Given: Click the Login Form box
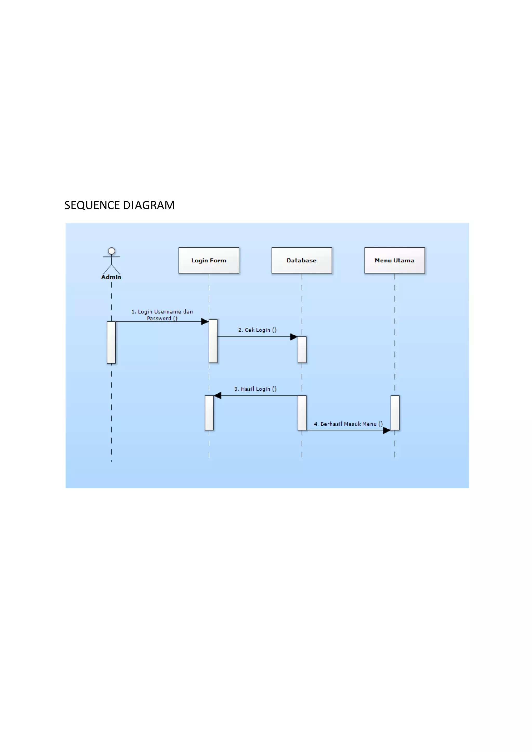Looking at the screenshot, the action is (x=209, y=260).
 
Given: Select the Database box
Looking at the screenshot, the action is (x=301, y=260).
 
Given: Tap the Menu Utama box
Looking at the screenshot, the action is (x=394, y=260).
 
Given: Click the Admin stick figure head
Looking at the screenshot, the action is (x=111, y=251).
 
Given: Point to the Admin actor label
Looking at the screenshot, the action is (x=111, y=277).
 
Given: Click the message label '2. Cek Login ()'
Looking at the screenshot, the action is (x=257, y=330).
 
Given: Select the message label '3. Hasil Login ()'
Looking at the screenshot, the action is (x=255, y=389).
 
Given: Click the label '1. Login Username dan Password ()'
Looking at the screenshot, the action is (x=162, y=315).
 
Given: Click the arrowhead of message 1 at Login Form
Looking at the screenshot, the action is (x=205, y=322).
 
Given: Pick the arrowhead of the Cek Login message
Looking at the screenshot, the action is (x=294, y=337).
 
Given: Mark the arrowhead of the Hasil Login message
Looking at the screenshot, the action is (x=217, y=396).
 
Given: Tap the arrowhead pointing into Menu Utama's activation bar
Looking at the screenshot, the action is (x=387, y=430).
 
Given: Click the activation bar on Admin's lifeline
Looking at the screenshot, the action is (x=111, y=342).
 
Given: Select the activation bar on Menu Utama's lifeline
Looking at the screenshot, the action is (x=395, y=413).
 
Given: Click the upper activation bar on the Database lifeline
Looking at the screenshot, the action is (x=302, y=350).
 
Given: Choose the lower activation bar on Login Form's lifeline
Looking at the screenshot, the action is (x=209, y=413).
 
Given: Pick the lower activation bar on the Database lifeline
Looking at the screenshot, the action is (x=302, y=413).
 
